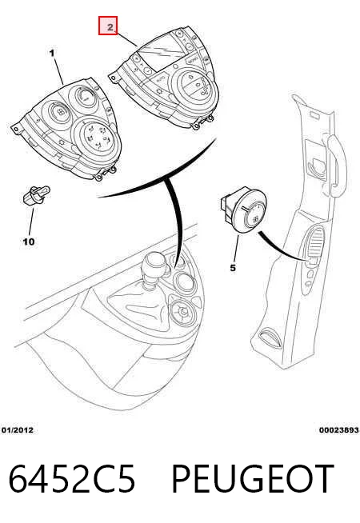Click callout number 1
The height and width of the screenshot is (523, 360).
click(52, 53)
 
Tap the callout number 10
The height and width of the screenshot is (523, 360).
click(28, 242)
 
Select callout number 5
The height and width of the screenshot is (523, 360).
click(233, 268)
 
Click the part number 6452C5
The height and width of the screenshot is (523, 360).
click(72, 479)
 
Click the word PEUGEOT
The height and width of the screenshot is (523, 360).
click(253, 479)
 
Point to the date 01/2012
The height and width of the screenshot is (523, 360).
click(18, 430)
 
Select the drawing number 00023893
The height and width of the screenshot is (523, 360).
click(338, 430)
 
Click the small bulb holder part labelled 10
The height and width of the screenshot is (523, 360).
click(36, 195)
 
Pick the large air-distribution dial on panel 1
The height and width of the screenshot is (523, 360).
click(95, 137)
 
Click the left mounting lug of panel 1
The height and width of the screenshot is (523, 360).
click(15, 129)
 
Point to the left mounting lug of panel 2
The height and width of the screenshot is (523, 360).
click(113, 78)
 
